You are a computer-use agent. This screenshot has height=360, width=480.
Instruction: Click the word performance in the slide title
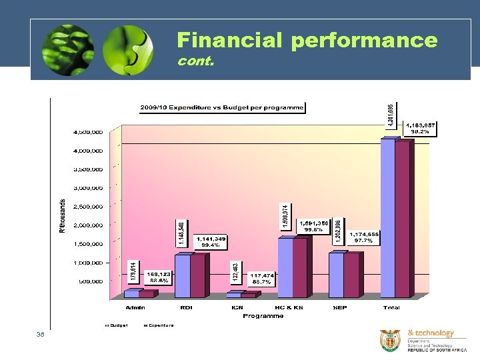tap(364, 41)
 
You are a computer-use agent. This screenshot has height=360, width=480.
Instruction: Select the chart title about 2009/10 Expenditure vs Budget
tap(222, 107)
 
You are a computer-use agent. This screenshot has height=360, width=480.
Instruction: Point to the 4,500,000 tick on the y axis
tap(88, 131)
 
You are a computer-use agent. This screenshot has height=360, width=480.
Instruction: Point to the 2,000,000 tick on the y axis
tap(88, 225)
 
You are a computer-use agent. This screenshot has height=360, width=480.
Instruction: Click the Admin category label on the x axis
tap(137, 307)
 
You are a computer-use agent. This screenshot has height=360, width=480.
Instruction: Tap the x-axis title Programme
tap(263, 316)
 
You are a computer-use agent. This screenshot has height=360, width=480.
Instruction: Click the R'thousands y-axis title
tap(63, 215)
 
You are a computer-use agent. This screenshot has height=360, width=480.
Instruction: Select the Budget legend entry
tap(116, 325)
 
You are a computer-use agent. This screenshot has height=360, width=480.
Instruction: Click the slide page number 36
tap(41, 335)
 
